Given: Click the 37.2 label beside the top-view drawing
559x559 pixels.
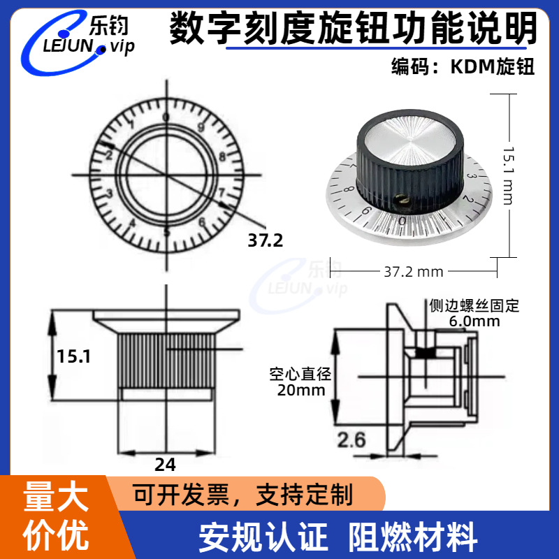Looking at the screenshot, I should pos(266,241).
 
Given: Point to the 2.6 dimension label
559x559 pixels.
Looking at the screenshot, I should pos(351,440).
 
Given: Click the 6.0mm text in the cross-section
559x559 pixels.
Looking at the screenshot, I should pos(474,321).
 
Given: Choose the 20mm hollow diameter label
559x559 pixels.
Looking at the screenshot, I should pos(301,390).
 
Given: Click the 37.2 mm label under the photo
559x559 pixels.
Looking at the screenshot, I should pos(414,271).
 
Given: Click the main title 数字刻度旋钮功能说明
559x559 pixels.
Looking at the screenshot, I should pos(354,29).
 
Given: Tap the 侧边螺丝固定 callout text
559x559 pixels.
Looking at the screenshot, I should pos(475,306).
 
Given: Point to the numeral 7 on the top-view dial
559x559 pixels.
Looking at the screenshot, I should pos(221,191).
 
